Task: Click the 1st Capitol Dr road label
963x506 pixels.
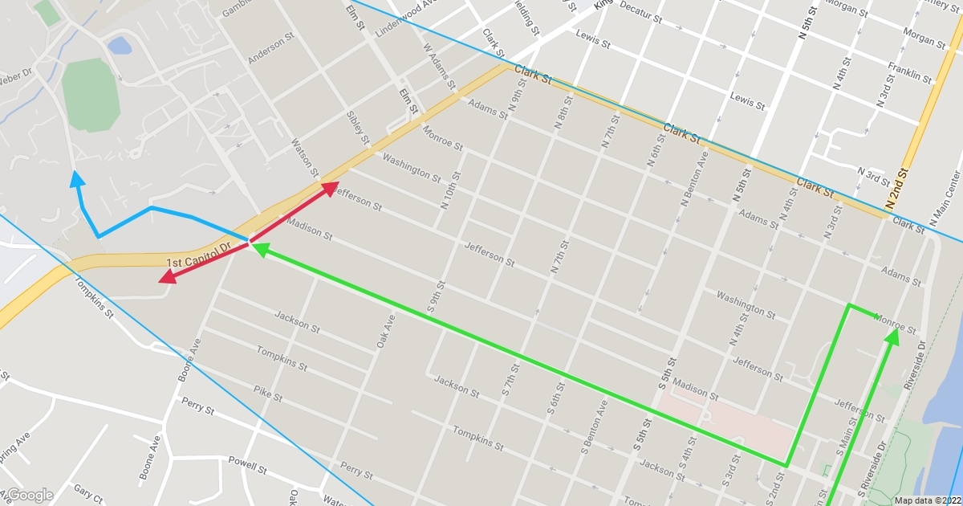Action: click(x=198, y=255)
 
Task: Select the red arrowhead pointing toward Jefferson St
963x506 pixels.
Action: click(x=330, y=188)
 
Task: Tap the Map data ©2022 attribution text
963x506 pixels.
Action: click(x=927, y=500)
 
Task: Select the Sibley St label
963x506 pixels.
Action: click(x=357, y=129)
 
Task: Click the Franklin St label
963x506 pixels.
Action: click(x=910, y=73)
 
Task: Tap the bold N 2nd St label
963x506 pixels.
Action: click(x=903, y=190)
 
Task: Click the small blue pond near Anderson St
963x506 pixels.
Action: click(x=119, y=45)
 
